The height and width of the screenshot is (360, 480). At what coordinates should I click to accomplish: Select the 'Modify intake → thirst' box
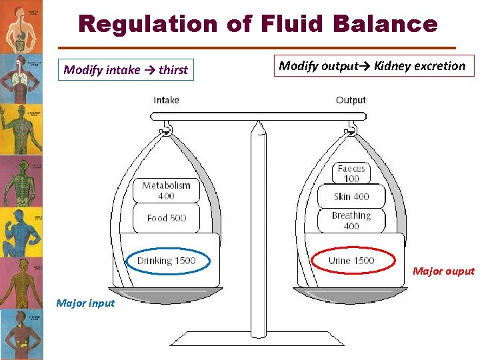(126, 69)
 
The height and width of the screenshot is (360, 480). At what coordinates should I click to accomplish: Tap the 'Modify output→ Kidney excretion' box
(372, 66)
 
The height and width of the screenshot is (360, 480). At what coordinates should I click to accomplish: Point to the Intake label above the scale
(166, 100)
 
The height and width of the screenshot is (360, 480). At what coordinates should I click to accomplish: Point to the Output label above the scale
(351, 100)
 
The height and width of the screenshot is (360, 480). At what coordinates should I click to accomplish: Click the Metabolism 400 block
(166, 191)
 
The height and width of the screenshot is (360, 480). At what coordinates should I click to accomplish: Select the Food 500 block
(166, 218)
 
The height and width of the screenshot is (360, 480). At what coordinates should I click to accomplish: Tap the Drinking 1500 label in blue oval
(167, 261)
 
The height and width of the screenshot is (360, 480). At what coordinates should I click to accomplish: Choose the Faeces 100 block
(351, 173)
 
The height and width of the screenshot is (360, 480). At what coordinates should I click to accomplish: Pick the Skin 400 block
(351, 197)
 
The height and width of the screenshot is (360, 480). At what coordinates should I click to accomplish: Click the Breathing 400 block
(351, 221)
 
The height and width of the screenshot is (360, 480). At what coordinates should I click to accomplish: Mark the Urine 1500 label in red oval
(351, 261)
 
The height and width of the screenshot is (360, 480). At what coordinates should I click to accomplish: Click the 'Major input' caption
(85, 303)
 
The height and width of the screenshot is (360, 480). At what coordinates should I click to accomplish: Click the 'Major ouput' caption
(443, 271)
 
